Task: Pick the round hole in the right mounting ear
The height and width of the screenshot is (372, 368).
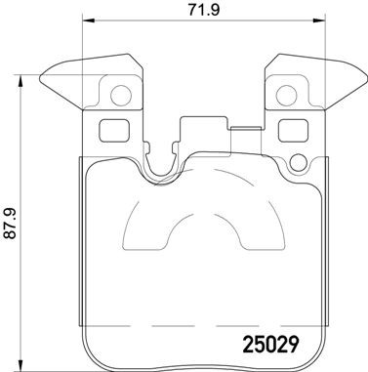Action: (x=289, y=96)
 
